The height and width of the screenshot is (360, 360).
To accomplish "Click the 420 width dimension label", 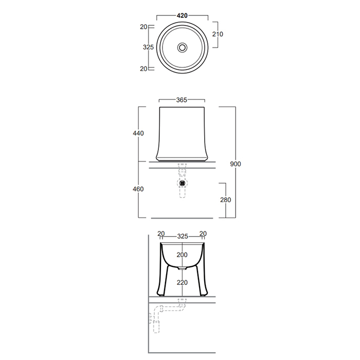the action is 182,15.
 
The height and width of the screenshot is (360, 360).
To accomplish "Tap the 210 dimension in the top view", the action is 218,34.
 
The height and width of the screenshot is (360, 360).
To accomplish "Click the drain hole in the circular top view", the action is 182,47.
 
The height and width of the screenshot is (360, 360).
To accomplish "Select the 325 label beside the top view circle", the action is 148,47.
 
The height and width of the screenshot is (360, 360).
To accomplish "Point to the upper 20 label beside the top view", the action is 143,27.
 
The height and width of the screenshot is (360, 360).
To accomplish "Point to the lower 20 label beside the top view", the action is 143,68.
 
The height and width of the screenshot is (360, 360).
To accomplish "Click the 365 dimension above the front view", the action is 182,100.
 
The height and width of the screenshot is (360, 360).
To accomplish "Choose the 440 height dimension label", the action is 138,133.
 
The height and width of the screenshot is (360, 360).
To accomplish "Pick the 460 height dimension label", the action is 138,189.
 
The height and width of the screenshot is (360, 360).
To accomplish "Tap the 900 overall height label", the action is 236,164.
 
